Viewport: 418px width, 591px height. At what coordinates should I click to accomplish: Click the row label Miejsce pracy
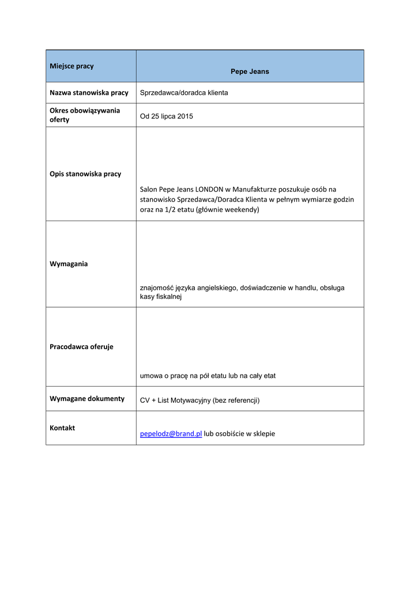tap(71, 66)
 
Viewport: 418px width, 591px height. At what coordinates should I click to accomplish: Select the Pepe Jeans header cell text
tap(250, 72)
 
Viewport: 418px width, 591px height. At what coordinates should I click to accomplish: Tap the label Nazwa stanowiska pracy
tap(89, 92)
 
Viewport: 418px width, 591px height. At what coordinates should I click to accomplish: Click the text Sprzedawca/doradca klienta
tap(184, 93)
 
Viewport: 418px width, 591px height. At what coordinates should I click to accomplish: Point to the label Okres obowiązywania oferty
tap(85, 115)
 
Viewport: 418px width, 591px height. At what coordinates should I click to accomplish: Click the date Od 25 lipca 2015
tap(167, 117)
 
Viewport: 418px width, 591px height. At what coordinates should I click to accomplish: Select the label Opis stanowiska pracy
tap(85, 174)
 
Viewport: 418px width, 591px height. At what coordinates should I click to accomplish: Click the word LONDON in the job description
tap(209, 189)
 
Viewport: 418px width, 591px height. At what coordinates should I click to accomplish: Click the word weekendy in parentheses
tap(241, 210)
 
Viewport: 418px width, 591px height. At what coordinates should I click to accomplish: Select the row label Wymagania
tap(69, 264)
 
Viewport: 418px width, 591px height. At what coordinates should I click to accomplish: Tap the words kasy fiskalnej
tap(161, 297)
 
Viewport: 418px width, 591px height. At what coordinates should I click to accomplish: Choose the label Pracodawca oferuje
tap(81, 347)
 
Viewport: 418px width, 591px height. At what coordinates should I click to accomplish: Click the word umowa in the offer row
tap(152, 376)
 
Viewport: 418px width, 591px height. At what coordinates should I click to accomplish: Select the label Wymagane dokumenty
tap(87, 398)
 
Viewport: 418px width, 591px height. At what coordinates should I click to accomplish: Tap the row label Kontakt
tap(62, 428)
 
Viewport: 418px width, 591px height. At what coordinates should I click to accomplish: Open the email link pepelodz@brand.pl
tap(171, 433)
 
